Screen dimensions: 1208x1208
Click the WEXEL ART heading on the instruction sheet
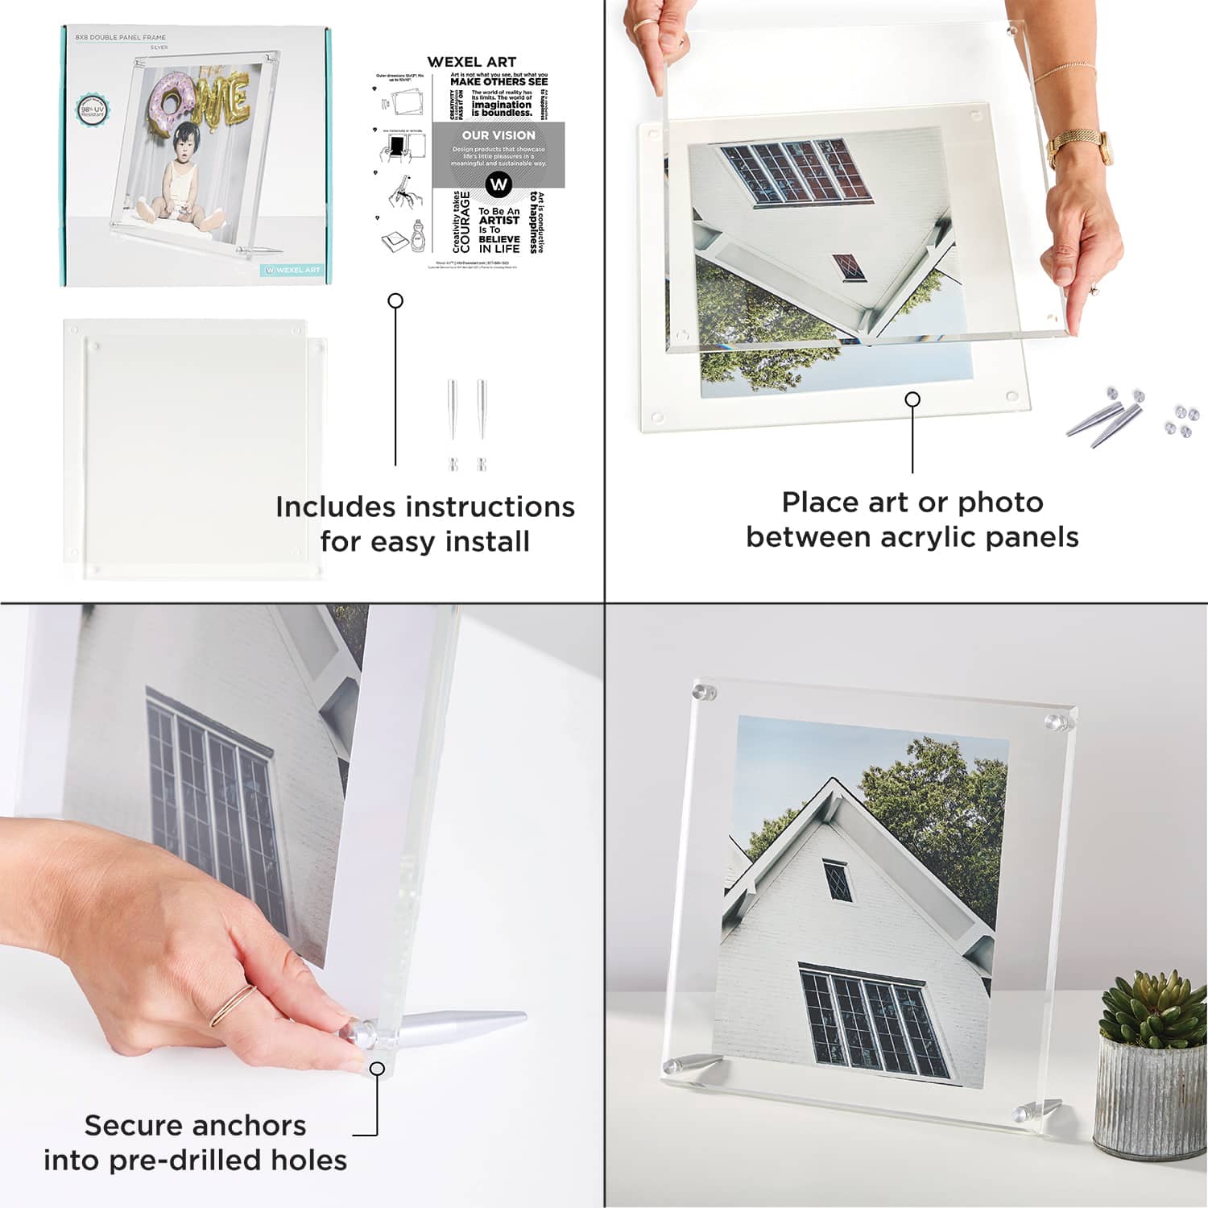pyautogui.click(x=471, y=62)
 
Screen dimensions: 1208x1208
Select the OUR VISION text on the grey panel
pyautogui.click(x=499, y=135)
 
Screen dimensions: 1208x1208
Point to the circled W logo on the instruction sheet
pyautogui.click(x=499, y=184)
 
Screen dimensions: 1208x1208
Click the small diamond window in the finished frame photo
pyautogui.click(x=836, y=880)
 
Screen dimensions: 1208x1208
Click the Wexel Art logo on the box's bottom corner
pyautogui.click(x=292, y=270)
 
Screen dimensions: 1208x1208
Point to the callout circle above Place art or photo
pyautogui.click(x=912, y=399)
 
